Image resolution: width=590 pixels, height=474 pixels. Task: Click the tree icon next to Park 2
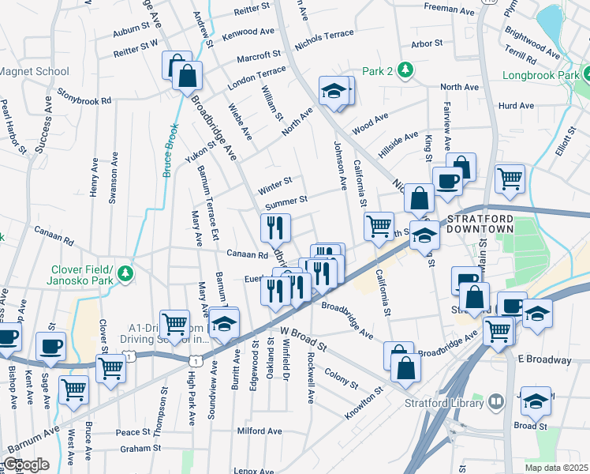point(405,70)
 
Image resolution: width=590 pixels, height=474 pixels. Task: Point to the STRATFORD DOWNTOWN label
point(480,223)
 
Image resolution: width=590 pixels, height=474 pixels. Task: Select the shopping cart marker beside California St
point(379,226)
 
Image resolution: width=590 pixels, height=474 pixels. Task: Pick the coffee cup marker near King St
point(447,181)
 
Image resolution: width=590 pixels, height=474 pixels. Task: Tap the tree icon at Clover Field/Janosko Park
point(125,273)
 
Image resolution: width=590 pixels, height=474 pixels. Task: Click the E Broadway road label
point(544,359)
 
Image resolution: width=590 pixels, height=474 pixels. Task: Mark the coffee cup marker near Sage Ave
point(51,346)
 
